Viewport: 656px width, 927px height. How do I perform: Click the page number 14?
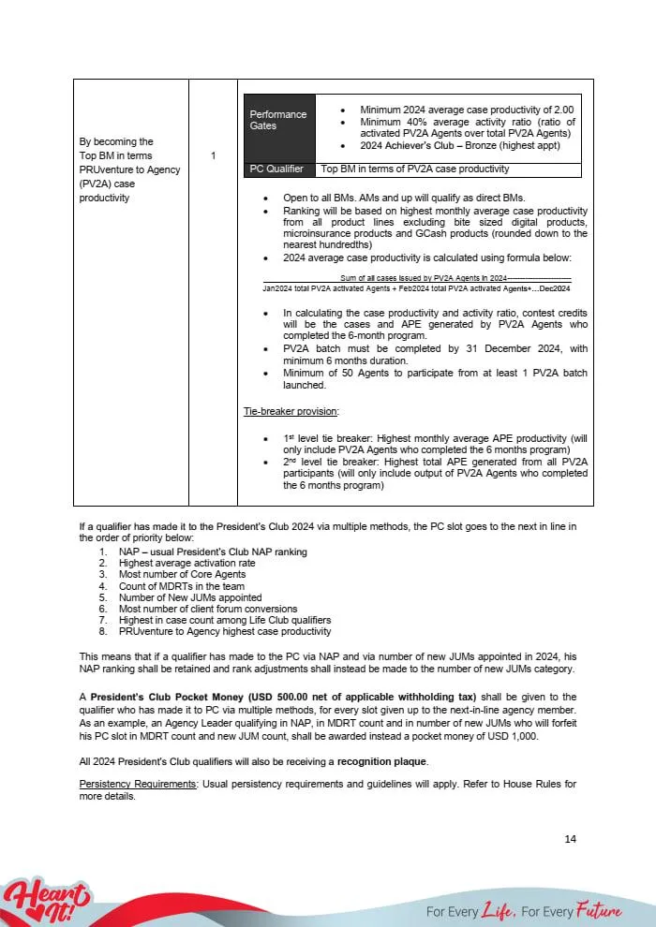[570, 838]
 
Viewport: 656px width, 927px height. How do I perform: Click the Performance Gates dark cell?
[278, 120]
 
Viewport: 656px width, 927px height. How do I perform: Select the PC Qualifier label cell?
[277, 169]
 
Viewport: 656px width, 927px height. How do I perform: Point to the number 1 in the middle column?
[213, 155]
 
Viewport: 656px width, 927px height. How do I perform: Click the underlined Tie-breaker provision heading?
[285, 411]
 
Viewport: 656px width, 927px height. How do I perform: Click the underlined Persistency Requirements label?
[137, 784]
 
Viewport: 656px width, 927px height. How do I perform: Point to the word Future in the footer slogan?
[599, 911]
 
